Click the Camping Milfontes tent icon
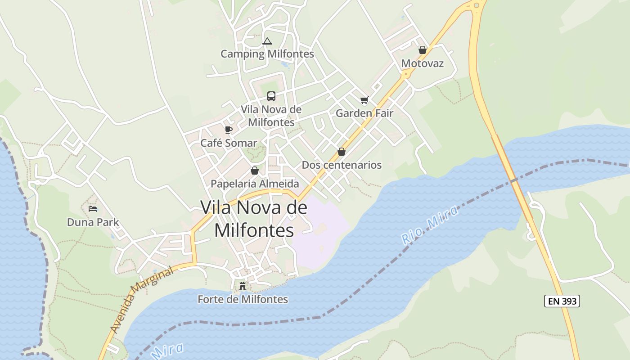267,41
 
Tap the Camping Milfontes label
267,54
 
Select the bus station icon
271,96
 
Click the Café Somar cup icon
229,130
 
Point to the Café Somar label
229,143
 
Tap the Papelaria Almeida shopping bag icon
255,171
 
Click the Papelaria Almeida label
255,184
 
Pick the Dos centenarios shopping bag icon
342,152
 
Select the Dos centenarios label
342,165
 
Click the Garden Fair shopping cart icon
364,100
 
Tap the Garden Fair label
364,113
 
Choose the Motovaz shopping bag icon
422,50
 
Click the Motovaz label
422,63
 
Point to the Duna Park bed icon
93,209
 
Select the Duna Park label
93,222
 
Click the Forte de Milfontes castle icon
243,286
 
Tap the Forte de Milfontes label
243,299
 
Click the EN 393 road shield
562,301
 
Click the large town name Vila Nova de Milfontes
254,219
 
